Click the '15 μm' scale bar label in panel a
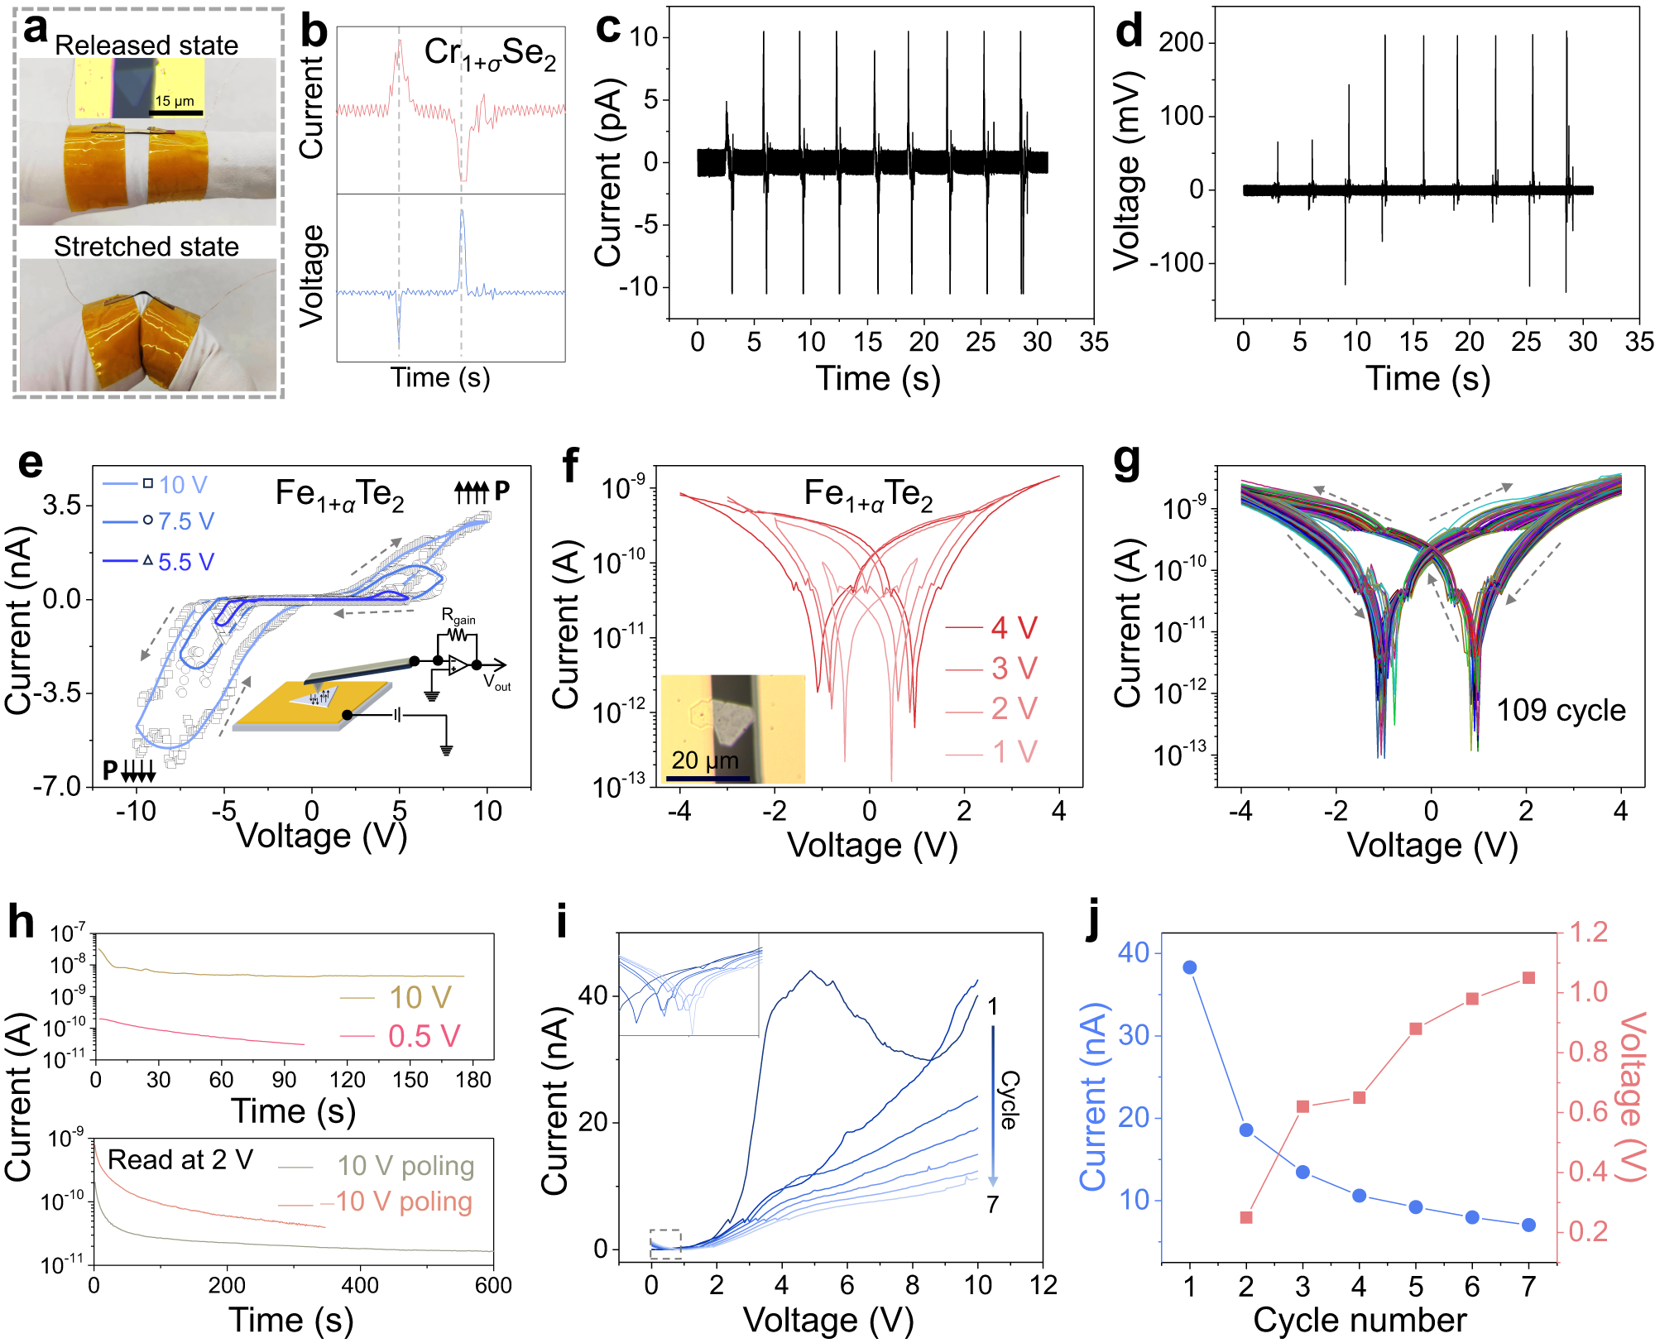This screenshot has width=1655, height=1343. point(175,101)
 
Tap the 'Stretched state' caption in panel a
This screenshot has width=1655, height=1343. point(146,247)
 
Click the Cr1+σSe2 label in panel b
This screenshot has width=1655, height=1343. point(490,54)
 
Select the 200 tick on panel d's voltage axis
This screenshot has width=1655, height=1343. point(1181,43)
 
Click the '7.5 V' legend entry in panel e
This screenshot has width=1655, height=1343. point(185,521)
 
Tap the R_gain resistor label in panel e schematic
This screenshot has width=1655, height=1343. point(458,616)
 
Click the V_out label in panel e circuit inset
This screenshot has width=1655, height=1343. point(497,683)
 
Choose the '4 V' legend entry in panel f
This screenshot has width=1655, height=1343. point(1014,628)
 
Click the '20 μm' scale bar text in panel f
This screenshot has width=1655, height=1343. point(704,760)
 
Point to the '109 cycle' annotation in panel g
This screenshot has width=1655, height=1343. point(1561,710)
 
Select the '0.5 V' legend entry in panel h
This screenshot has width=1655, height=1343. point(424,1036)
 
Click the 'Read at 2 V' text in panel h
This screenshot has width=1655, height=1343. point(180,1160)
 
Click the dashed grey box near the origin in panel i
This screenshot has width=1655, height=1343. point(665,1244)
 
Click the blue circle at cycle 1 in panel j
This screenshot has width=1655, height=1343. point(1190,967)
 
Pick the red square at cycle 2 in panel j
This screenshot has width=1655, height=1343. point(1246,1218)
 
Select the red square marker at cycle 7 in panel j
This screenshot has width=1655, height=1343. point(1528,978)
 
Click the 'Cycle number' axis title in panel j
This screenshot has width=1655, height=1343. point(1360,1320)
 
